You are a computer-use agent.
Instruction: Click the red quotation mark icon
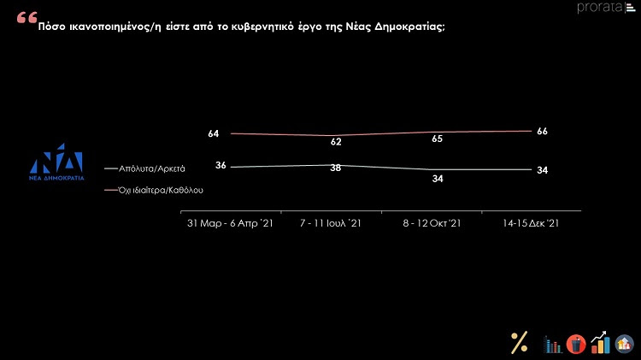(26, 19)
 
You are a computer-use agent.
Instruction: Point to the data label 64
(214, 133)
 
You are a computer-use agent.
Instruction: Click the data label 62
(336, 142)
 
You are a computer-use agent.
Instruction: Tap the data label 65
(438, 138)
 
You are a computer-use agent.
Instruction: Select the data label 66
(541, 131)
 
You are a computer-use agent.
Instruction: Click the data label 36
(220, 165)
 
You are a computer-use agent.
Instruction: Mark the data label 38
(336, 168)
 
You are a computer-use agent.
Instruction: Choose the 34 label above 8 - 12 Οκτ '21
(438, 179)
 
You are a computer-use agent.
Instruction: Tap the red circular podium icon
(576, 343)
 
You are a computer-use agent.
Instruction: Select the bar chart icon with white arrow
(601, 343)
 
